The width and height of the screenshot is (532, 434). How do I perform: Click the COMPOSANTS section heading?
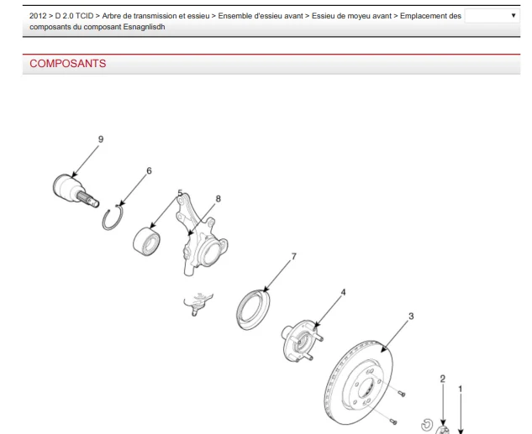pyautogui.click(x=68, y=63)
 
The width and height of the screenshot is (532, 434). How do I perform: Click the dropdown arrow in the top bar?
pyautogui.click(x=514, y=15)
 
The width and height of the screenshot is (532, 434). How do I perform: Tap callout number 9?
pyautogui.click(x=101, y=139)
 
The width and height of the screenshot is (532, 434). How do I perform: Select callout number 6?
pyautogui.click(x=149, y=170)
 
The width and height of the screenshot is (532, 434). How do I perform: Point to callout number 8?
pyautogui.click(x=219, y=199)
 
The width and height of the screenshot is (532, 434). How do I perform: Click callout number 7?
pyautogui.click(x=294, y=257)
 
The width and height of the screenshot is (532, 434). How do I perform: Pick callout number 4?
pyautogui.click(x=343, y=292)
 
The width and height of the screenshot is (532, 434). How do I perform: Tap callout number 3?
pyautogui.click(x=411, y=316)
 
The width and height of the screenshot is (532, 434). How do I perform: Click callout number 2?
pyautogui.click(x=442, y=379)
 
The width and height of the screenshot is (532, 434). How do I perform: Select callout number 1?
pyautogui.click(x=461, y=390)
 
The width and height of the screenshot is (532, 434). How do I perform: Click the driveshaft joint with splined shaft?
pyautogui.click(x=73, y=190)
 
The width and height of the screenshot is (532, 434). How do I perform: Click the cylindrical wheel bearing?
pyautogui.click(x=146, y=242)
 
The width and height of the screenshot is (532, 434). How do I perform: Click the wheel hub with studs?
pyautogui.click(x=300, y=341)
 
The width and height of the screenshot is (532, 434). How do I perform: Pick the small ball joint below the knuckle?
pyautogui.click(x=197, y=303)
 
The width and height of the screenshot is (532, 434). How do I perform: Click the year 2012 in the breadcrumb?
pyautogui.click(x=38, y=16)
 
